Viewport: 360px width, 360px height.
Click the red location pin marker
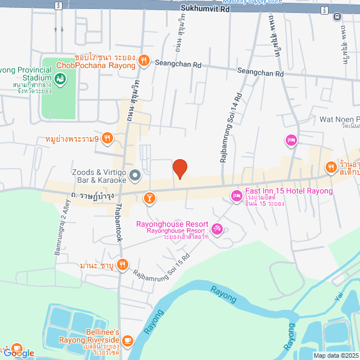point(179,169)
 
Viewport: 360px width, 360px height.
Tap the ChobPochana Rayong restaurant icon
point(144,61)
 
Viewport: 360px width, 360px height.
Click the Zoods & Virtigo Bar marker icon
point(135,177)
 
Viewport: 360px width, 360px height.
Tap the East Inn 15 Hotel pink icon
point(236,196)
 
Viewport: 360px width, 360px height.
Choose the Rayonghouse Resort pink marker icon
point(218,229)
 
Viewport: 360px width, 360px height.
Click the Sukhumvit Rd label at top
point(206,9)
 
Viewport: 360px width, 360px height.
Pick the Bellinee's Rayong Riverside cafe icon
point(128,340)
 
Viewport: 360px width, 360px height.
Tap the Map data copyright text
point(336,355)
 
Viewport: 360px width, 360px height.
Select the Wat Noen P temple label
point(339,120)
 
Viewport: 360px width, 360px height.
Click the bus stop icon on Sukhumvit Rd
point(337,16)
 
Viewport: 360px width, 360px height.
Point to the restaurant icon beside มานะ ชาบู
point(122,264)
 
